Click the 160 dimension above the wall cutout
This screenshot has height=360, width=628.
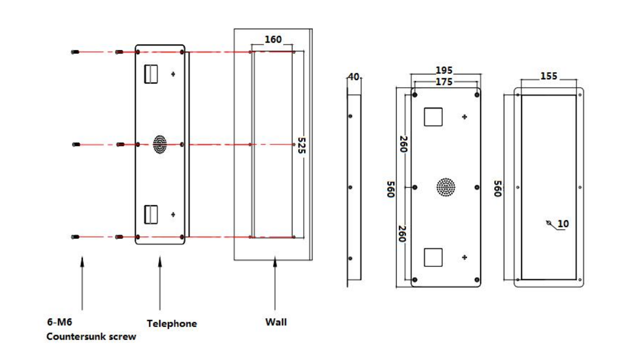pyautogui.click(x=273, y=40)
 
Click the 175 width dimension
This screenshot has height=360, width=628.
pyautogui.click(x=444, y=82)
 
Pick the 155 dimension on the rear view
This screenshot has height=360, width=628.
pyautogui.click(x=549, y=76)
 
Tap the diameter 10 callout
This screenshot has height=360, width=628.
pyautogui.click(x=563, y=224)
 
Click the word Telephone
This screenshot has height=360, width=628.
pyautogui.click(x=171, y=323)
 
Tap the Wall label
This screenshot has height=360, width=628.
pyautogui.click(x=276, y=322)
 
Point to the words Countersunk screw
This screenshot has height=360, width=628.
pyautogui.click(x=91, y=337)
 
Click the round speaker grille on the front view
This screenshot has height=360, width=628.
pyautogui.click(x=446, y=187)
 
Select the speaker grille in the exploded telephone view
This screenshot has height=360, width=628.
pyautogui.click(x=160, y=144)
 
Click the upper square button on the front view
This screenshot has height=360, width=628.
pyautogui.click(x=433, y=117)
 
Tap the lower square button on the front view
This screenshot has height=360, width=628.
pyautogui.click(x=433, y=258)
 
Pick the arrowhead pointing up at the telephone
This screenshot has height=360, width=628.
pyautogui.click(x=160, y=261)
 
